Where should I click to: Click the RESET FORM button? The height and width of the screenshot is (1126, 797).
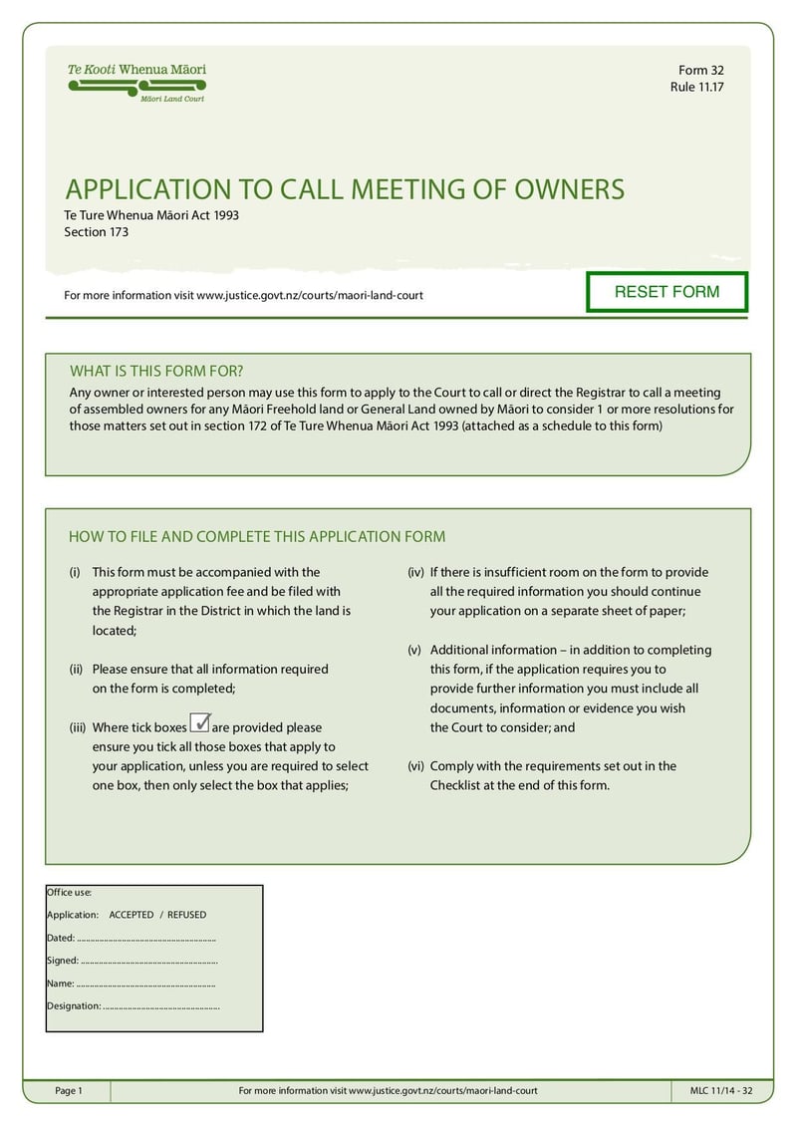click(x=666, y=292)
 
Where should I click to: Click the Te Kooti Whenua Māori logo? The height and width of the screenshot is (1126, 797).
click(x=136, y=83)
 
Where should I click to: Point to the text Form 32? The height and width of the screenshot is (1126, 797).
click(x=700, y=70)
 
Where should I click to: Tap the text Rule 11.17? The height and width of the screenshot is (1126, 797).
click(x=696, y=87)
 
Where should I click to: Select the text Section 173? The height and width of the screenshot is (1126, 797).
click(x=97, y=232)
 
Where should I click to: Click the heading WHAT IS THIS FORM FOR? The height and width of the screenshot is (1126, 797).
click(x=156, y=371)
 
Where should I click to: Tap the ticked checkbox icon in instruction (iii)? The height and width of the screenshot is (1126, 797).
click(x=199, y=724)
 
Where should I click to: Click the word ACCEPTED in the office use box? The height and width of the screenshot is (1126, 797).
click(x=132, y=914)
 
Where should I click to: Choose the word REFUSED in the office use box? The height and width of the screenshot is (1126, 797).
click(x=186, y=914)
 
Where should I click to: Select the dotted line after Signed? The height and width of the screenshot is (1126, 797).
click(x=148, y=962)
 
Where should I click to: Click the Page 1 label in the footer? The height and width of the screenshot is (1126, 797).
click(x=69, y=1091)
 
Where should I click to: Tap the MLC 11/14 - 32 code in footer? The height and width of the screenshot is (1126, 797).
click(x=721, y=1091)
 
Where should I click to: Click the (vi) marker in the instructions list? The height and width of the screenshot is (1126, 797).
click(x=415, y=766)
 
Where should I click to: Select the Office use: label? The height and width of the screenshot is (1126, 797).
click(x=69, y=892)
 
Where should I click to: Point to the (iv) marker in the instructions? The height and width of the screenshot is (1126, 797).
click(x=415, y=572)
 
